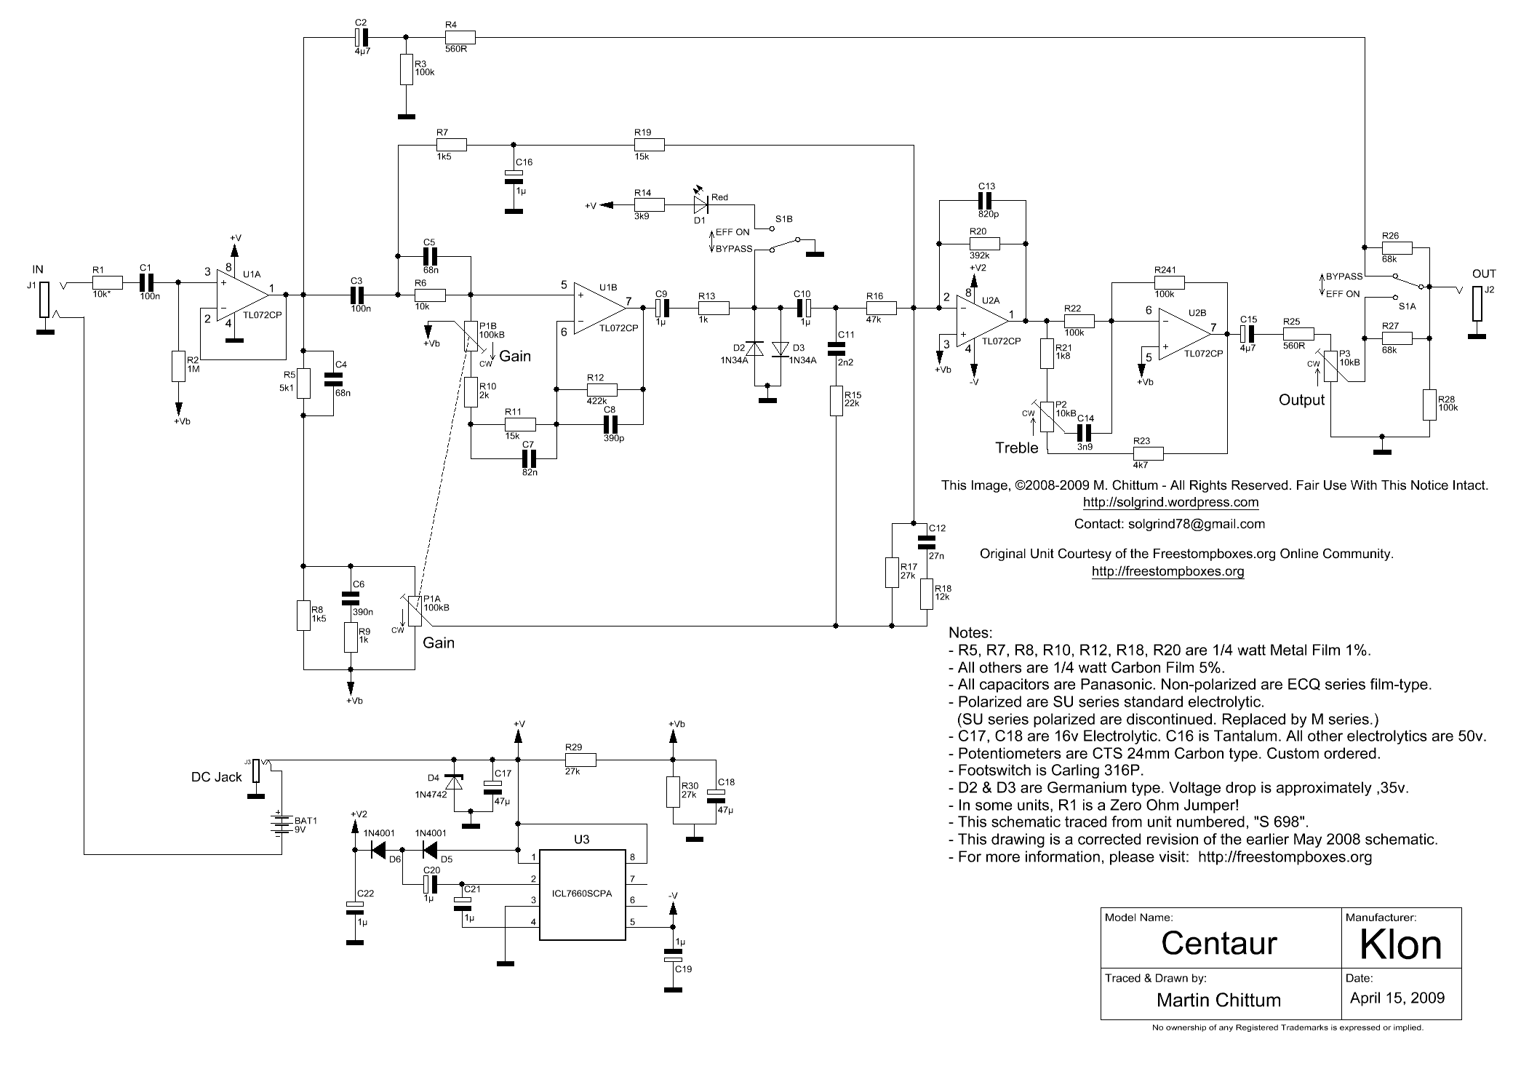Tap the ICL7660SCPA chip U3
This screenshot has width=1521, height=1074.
coord(582,894)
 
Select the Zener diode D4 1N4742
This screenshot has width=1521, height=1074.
coord(455,784)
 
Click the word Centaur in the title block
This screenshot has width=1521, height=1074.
coord(1218,943)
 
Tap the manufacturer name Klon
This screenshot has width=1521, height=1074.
coord(1400,944)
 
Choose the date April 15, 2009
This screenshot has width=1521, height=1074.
coord(1397,998)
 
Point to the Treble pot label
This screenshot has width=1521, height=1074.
coord(1016,448)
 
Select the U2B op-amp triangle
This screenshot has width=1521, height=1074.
coord(1183,334)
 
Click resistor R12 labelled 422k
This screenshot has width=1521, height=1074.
coord(602,390)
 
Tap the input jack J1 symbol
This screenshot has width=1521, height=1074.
coord(44,300)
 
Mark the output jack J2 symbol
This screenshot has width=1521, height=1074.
coord(1477,303)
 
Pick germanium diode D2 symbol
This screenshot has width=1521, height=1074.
coord(754,350)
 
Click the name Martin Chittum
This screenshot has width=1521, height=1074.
coord(1218,1000)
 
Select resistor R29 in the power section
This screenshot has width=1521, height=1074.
coord(580,760)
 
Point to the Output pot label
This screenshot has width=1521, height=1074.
coord(1301,399)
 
